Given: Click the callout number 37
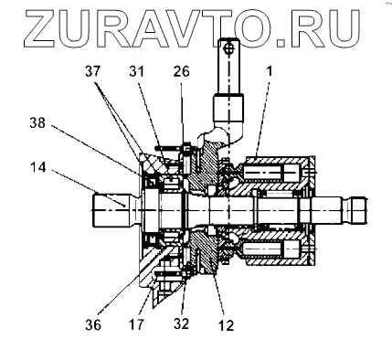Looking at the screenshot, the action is click(x=93, y=72).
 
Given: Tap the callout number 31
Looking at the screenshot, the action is click(x=136, y=72).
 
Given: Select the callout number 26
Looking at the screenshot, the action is click(x=182, y=72).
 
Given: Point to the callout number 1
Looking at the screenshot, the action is click(x=270, y=71).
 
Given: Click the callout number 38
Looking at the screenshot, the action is click(x=37, y=122).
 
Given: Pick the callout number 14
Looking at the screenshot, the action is click(x=38, y=167).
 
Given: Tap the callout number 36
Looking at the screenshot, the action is click(x=93, y=325).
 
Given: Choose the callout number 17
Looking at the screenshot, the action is click(x=136, y=325).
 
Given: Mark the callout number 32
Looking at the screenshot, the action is click(x=182, y=323).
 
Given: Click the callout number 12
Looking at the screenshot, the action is click(x=226, y=325).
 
